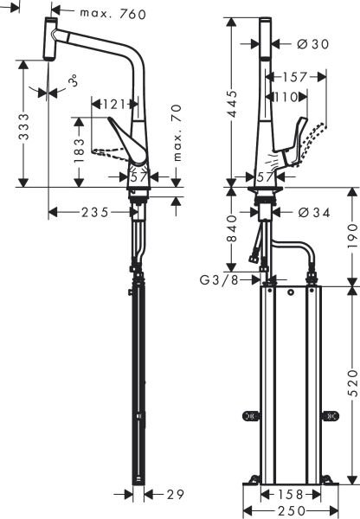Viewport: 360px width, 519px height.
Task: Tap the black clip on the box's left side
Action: click(252, 416)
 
